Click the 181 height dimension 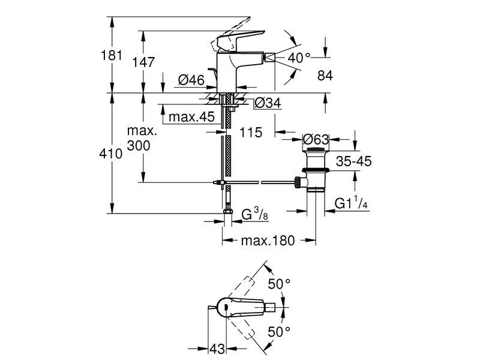coord(112,55)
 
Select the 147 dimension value coord(145,62)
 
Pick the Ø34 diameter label coord(268,103)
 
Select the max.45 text coord(191,117)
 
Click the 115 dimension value coord(250,133)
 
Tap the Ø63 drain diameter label coord(314,140)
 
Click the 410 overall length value coord(112,153)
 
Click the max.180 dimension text coord(268,241)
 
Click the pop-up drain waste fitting coord(314,171)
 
